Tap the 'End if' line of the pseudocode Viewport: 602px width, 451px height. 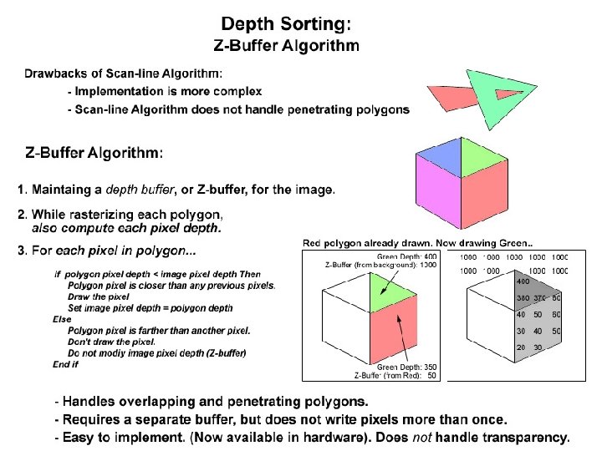65,364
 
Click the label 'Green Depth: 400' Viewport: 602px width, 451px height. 407,256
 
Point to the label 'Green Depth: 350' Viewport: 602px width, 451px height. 407,367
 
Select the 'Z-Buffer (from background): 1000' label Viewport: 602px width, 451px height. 380,265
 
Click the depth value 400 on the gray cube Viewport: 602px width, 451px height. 523,282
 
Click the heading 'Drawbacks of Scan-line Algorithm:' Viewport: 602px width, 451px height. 123,75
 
